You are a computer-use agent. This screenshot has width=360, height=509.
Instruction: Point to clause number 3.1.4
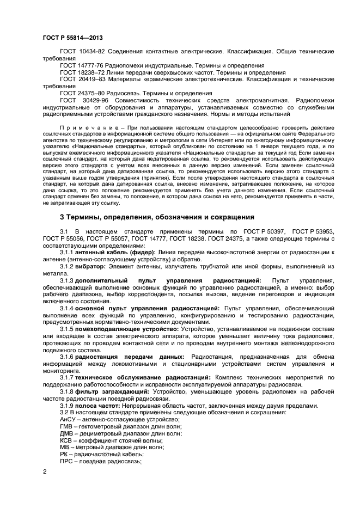pyautogui.click(x=67, y=308)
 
